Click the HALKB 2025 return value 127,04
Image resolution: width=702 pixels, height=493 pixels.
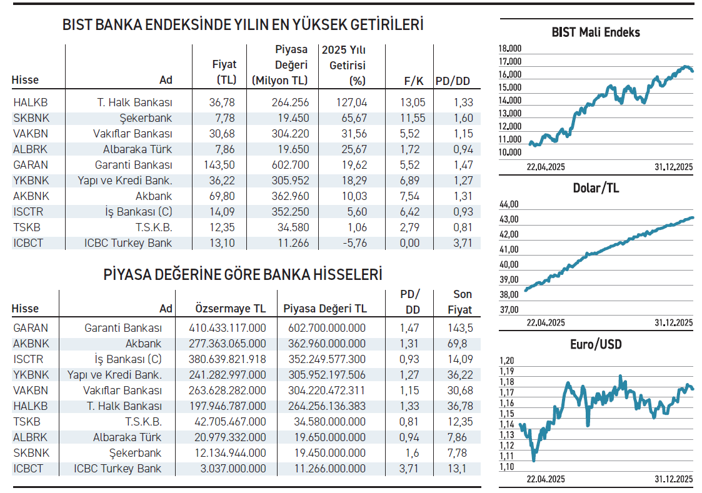(352, 102)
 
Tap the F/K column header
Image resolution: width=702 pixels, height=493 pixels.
(414, 80)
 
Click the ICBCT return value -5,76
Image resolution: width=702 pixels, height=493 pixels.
(352, 243)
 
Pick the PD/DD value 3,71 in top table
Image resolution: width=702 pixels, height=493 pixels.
(463, 243)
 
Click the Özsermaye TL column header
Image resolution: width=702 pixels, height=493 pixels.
(231, 309)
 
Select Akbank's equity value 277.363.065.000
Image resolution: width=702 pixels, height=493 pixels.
(228, 343)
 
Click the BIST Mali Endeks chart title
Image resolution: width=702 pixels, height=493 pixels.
(596, 32)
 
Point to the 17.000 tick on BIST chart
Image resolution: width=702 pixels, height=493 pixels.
(510, 61)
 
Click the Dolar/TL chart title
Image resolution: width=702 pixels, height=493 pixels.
(596, 188)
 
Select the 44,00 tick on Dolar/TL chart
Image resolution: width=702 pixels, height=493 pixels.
(510, 204)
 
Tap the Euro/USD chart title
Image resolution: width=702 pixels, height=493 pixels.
(596, 344)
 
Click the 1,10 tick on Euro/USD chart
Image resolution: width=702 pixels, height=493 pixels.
(507, 466)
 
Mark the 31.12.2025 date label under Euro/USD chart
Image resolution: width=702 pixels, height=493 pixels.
(674, 479)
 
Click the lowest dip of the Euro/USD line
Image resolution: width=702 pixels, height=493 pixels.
(533, 461)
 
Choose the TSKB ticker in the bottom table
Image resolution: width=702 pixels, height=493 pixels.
(26, 422)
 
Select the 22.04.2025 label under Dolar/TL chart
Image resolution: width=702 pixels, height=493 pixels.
(546, 323)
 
